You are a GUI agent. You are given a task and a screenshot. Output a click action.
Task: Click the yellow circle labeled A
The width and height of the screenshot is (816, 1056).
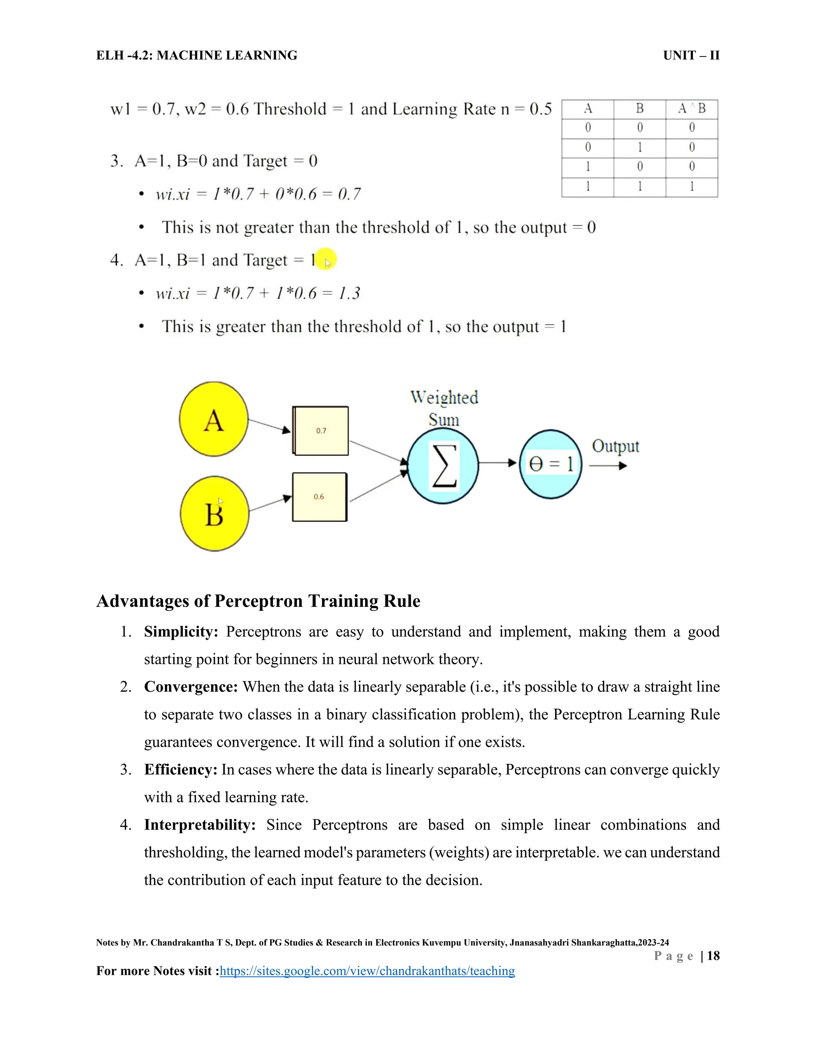[214, 419]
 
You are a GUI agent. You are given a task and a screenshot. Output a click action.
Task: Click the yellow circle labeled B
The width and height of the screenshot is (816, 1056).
[214, 514]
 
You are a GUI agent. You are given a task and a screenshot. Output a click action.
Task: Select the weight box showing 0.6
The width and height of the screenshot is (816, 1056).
[320, 497]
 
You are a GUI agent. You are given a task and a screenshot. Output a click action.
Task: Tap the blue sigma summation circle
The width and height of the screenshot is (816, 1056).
[443, 467]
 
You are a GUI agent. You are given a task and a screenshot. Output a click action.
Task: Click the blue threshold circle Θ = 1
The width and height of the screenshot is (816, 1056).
[551, 465]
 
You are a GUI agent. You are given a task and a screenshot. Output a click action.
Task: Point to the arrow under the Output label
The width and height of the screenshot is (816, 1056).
[608, 465]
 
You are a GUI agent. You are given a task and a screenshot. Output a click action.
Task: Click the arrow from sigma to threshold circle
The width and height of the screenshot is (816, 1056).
[498, 463]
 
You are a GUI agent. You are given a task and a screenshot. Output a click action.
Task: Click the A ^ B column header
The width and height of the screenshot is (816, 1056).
[691, 109]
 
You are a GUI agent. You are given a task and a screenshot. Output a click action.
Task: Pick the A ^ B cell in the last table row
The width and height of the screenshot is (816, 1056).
[691, 186]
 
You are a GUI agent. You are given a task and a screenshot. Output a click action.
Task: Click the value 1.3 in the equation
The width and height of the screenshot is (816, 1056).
[349, 293]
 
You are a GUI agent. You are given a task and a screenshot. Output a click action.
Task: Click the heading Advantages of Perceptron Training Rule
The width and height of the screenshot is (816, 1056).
[258, 601]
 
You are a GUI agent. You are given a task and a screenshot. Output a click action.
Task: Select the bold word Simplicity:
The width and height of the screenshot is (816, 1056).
[181, 632]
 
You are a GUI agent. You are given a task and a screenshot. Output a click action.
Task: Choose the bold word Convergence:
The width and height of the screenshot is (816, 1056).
[190, 687]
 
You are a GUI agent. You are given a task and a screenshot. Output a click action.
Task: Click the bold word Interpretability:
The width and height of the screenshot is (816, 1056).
[200, 824]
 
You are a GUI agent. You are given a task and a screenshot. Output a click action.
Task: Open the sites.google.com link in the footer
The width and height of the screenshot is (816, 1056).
[367, 971]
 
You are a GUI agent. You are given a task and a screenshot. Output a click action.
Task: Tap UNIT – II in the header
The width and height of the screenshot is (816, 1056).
[691, 56]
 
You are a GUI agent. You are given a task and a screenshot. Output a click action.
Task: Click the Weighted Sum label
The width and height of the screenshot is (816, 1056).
[444, 408]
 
